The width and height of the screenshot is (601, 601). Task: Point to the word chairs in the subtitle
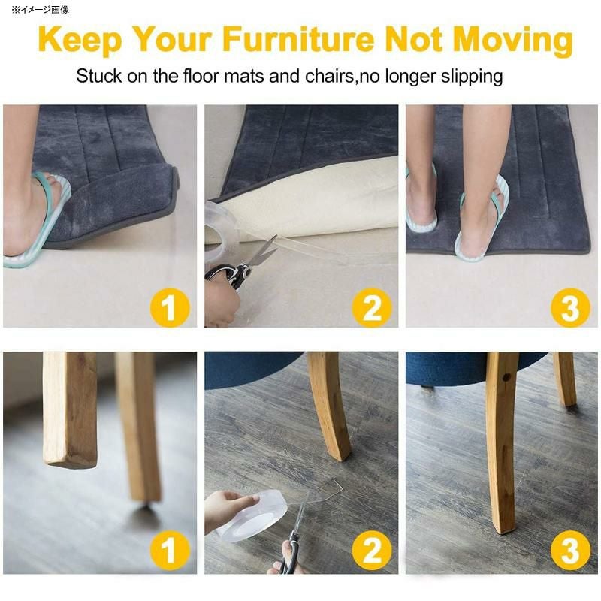[329, 76]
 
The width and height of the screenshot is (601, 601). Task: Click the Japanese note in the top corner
[41, 10]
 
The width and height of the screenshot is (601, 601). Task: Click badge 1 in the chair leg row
[170, 551]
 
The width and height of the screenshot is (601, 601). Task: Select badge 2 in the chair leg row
[371, 551]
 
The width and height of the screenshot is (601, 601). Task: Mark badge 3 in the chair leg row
[570, 551]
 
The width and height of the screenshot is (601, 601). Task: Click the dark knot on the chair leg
[506, 378]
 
